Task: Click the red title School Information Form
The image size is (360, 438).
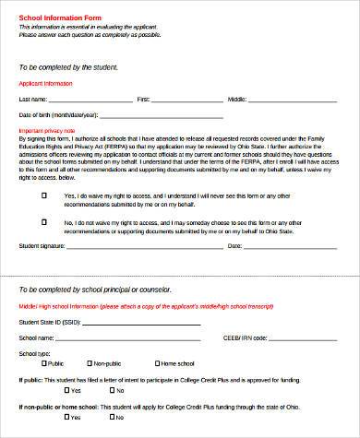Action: pos(54,18)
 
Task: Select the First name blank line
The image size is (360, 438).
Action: pos(188,99)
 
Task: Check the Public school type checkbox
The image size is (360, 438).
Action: pos(43,363)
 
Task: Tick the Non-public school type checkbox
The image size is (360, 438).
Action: pos(88,363)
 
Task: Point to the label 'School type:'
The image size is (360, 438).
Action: pos(35,353)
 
